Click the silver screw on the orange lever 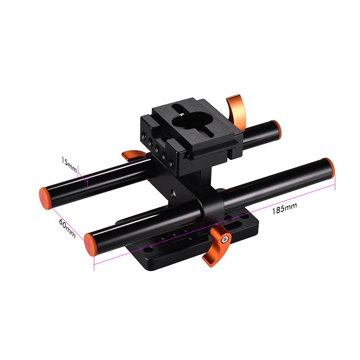pyautogui.click(x=226, y=238)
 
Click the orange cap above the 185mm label pyautogui.click(x=328, y=167)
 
